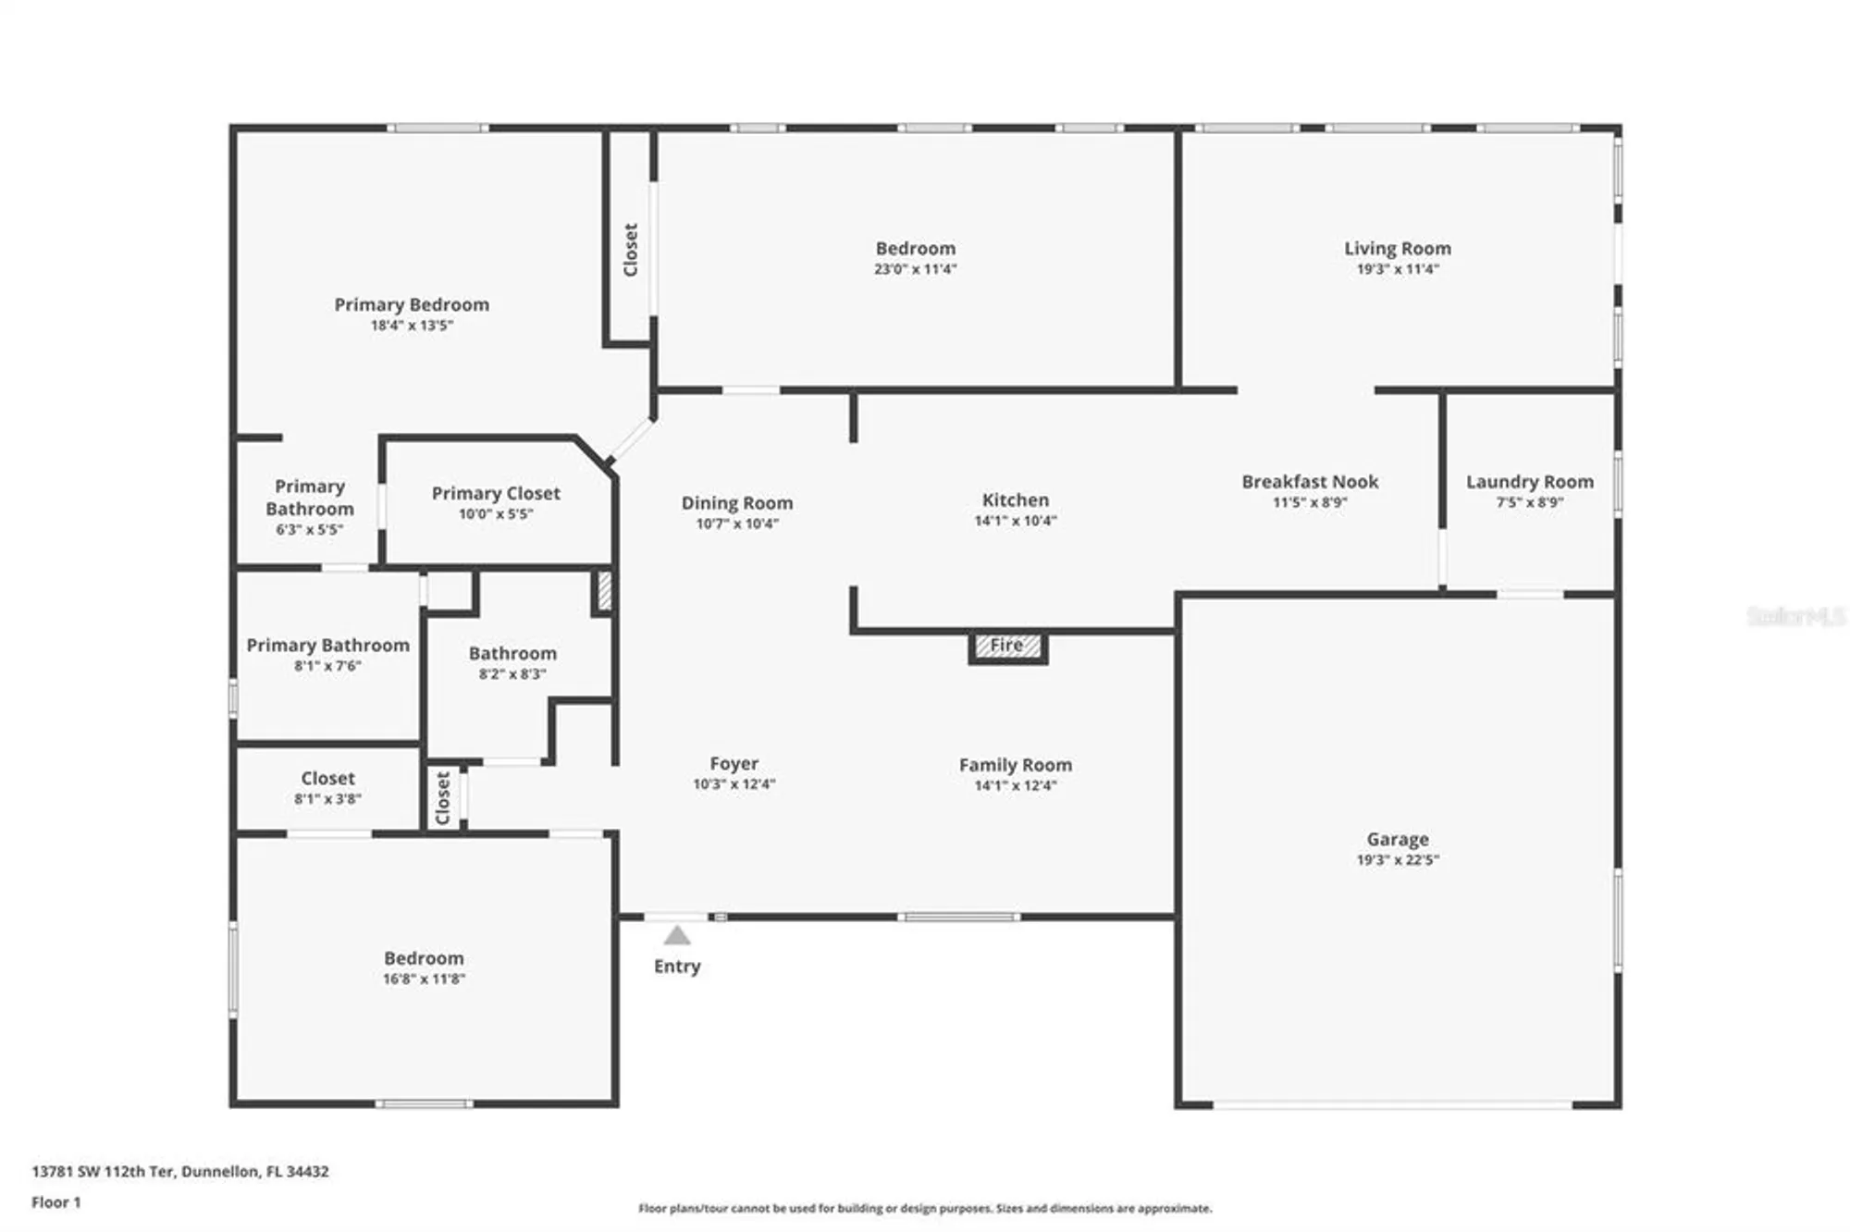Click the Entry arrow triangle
[677, 935]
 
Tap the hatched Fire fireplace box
[1007, 646]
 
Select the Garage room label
[1397, 839]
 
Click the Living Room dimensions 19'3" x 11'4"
[1397, 269]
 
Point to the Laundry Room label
[1529, 482]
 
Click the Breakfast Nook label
[1309, 482]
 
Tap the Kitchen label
[1015, 500]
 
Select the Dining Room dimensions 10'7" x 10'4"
[736, 524]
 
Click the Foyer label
[734, 764]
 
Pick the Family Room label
[1015, 765]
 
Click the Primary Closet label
[496, 494]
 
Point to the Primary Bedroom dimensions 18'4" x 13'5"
[412, 326]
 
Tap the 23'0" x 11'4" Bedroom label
[915, 249]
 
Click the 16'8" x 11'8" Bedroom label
[424, 958]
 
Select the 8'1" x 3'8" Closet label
[327, 779]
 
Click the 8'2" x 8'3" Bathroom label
[512, 654]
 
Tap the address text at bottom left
[180, 1171]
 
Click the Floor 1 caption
[56, 1202]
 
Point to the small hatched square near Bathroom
[604, 591]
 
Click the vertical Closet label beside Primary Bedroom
[631, 250]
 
